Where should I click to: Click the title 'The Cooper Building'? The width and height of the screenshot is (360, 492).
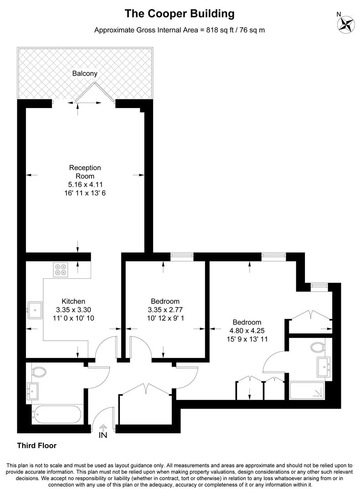point(180,14)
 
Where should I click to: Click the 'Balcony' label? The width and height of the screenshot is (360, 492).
point(85,73)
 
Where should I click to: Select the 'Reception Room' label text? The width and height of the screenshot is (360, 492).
point(85,172)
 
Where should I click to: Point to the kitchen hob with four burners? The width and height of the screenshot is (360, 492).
point(60,270)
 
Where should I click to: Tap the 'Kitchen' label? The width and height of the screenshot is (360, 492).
point(73,301)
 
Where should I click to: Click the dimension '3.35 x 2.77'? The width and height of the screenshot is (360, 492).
point(165,310)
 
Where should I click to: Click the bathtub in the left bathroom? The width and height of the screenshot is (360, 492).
point(57,415)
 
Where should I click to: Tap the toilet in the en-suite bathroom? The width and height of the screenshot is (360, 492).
point(317,348)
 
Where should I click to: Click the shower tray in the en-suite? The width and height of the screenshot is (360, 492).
point(307,391)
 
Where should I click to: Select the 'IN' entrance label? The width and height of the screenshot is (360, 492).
point(103,435)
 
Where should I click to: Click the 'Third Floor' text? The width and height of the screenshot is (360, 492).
point(36,445)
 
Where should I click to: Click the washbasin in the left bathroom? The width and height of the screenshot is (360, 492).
point(33,390)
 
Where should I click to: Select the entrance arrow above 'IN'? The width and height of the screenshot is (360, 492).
point(103,427)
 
